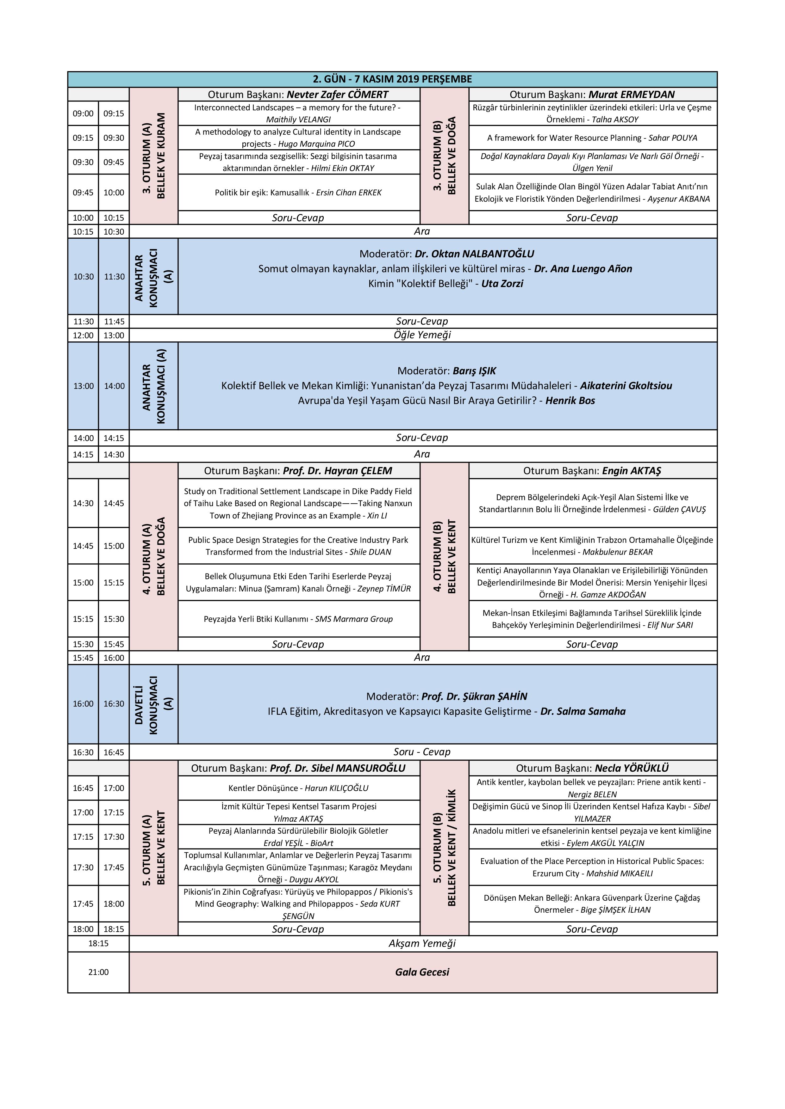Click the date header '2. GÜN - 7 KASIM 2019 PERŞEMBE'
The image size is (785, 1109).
(x=392, y=79)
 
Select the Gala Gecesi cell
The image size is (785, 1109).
(x=422, y=972)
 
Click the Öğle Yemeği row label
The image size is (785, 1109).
(x=422, y=335)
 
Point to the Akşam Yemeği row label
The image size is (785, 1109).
(x=422, y=943)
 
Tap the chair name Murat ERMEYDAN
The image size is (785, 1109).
(x=631, y=94)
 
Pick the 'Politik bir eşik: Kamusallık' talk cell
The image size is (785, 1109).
(x=298, y=192)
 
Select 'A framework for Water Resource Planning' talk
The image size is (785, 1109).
(x=592, y=138)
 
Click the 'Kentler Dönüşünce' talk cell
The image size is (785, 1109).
(x=298, y=788)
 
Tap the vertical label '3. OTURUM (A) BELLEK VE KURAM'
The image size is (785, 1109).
(x=154, y=156)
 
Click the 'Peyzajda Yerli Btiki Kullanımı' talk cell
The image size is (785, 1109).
(x=298, y=619)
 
